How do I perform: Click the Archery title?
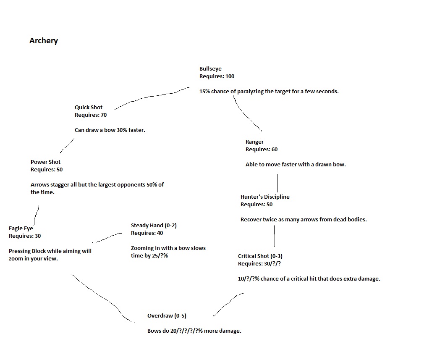(44, 41)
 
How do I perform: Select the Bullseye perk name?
(210, 69)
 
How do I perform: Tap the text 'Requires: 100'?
(217, 76)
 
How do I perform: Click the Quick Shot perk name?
(89, 108)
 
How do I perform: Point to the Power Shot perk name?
(45, 162)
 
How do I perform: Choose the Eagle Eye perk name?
(21, 229)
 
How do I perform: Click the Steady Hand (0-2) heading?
(154, 226)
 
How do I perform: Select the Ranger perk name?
(254, 142)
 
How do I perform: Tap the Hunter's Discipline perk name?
(265, 197)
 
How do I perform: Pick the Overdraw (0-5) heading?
(167, 316)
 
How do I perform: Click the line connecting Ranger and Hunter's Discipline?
(278, 183)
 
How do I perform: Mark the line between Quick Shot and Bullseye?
(151, 97)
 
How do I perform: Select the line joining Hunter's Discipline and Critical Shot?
(275, 236)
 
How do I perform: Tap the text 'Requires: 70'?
(91, 115)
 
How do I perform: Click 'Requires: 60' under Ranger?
(262, 150)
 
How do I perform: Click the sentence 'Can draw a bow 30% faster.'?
(110, 130)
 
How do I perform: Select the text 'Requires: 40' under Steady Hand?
(147, 233)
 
